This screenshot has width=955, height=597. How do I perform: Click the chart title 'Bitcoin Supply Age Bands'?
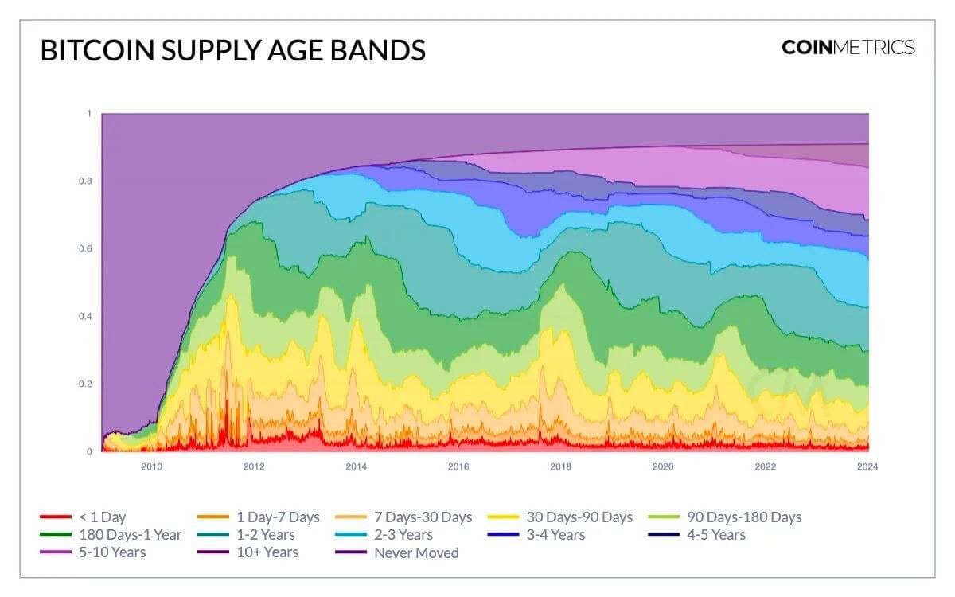tap(233, 50)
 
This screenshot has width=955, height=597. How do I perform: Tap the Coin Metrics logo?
tap(848, 47)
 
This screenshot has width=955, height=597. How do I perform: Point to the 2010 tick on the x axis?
tap(151, 466)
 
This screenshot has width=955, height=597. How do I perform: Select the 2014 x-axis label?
tap(356, 466)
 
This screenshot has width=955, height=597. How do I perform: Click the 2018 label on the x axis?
tap(560, 466)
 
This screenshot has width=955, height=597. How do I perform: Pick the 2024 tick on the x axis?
tap(867, 466)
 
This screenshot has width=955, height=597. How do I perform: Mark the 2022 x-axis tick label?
tap(765, 466)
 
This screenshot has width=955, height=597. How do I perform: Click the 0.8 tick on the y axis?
tap(85, 181)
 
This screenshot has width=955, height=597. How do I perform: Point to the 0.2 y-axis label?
tap(85, 384)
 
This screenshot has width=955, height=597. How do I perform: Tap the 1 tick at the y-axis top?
tap(89, 114)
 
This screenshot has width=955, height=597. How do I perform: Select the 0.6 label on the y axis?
tap(85, 249)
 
